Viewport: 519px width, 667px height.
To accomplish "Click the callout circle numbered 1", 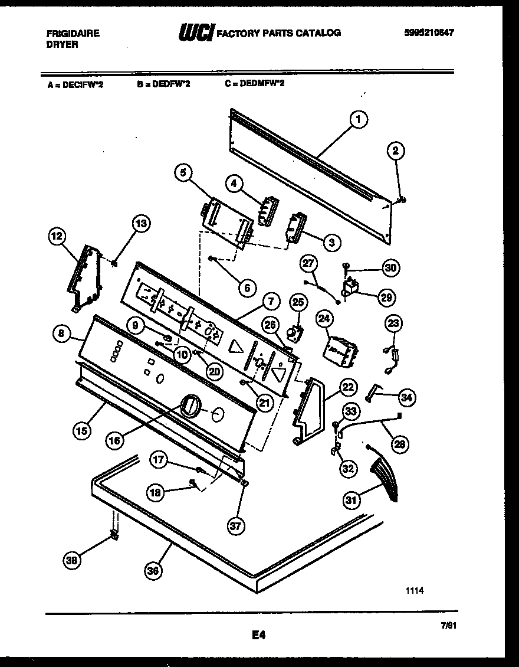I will [357, 120].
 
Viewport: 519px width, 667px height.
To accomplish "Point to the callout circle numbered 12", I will [57, 237].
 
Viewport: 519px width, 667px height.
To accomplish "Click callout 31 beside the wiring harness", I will [352, 501].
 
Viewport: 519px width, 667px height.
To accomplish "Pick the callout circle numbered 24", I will [323, 319].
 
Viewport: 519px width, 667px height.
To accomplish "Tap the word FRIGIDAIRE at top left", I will [73, 34].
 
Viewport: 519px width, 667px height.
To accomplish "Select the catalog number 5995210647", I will [429, 33].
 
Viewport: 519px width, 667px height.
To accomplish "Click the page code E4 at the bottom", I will [259, 635].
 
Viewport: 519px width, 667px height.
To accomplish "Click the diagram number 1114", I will [415, 590].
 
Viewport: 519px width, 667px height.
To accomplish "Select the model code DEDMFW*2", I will [255, 84].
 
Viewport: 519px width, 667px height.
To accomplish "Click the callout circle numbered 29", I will [387, 297].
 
